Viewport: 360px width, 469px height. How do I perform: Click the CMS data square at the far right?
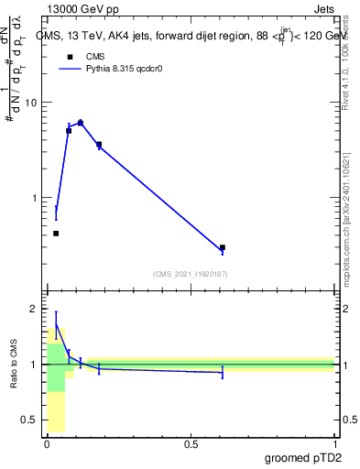(223, 247)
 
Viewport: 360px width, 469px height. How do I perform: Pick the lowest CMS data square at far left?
(56, 234)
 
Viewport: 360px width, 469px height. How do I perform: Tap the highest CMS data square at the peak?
(81, 123)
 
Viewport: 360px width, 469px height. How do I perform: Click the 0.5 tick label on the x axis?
(191, 444)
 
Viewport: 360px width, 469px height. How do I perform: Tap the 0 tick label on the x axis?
(47, 444)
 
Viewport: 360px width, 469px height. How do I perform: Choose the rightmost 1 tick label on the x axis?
(334, 444)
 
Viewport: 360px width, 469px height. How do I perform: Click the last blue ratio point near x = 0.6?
(223, 372)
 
